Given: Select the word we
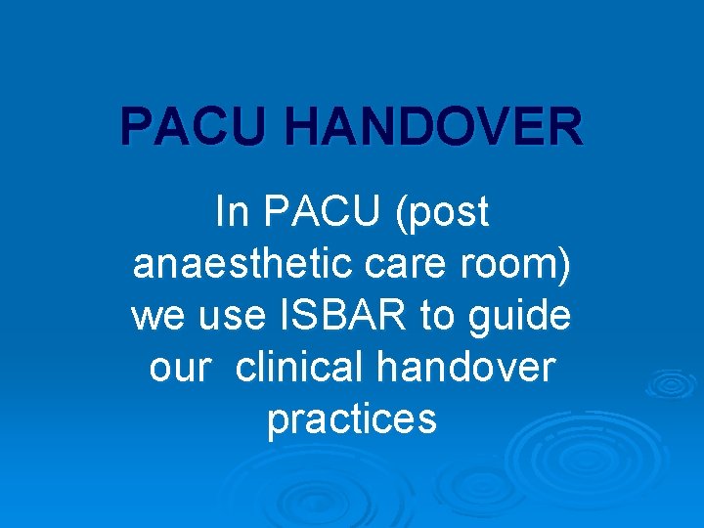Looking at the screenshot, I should pyautogui.click(x=154, y=317).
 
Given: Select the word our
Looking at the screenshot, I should pyautogui.click(x=181, y=368).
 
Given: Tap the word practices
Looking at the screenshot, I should pyautogui.click(x=352, y=419).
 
